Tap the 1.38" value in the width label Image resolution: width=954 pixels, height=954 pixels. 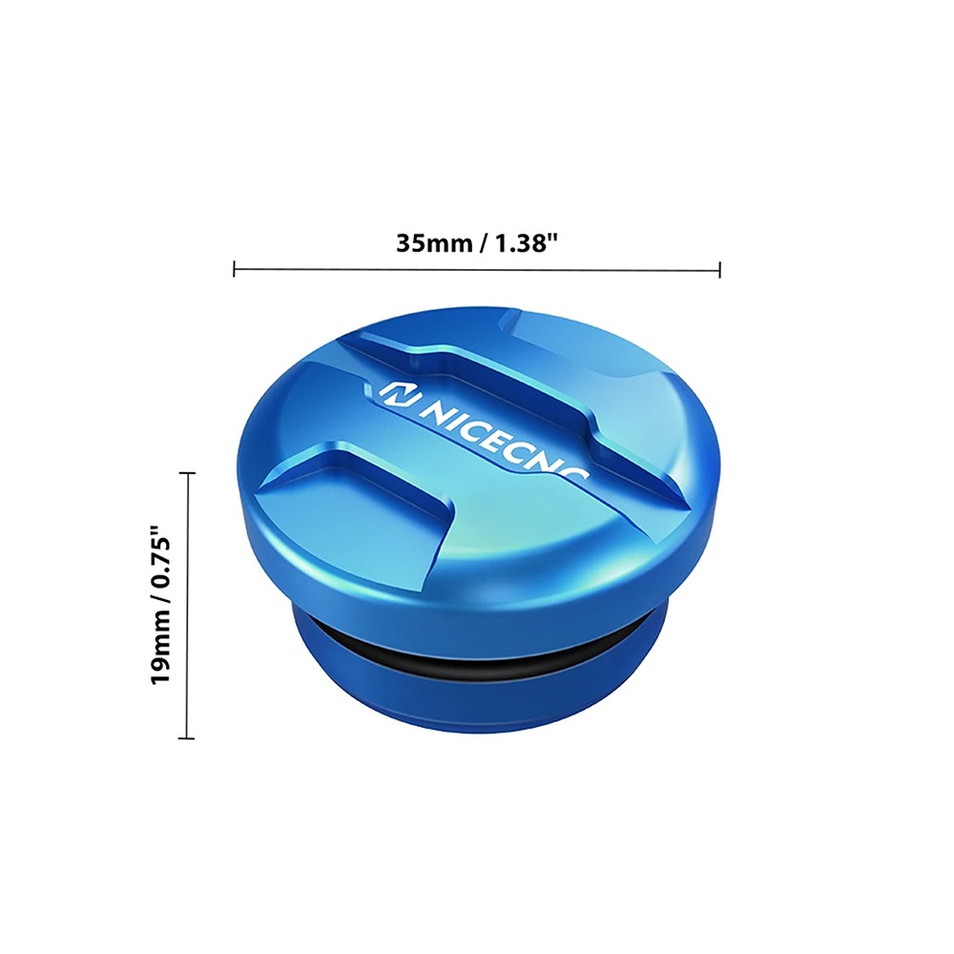527,243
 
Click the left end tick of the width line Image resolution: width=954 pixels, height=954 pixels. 235,269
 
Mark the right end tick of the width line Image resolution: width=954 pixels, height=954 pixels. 719,269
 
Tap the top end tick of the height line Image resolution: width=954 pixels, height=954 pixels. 187,472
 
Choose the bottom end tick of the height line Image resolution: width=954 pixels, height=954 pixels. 187,738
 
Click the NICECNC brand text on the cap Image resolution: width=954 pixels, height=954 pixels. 502,439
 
